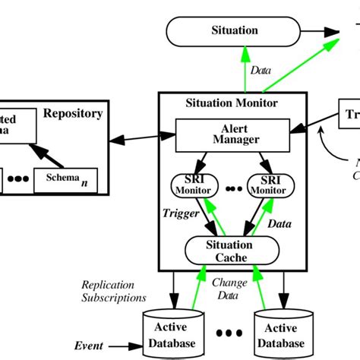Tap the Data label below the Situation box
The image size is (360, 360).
coord(259,69)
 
